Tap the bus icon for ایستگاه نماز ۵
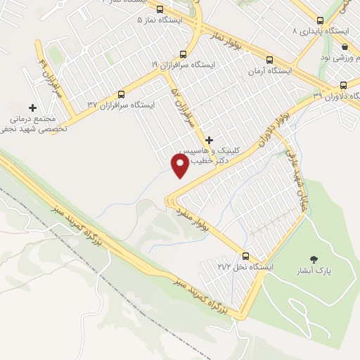click(161, 10)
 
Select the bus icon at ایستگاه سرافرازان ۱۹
click(184, 53)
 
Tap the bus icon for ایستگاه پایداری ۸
click(319, 20)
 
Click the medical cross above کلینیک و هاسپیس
click(209, 140)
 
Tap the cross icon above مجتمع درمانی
click(32, 107)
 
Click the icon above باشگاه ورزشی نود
click(345, 46)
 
